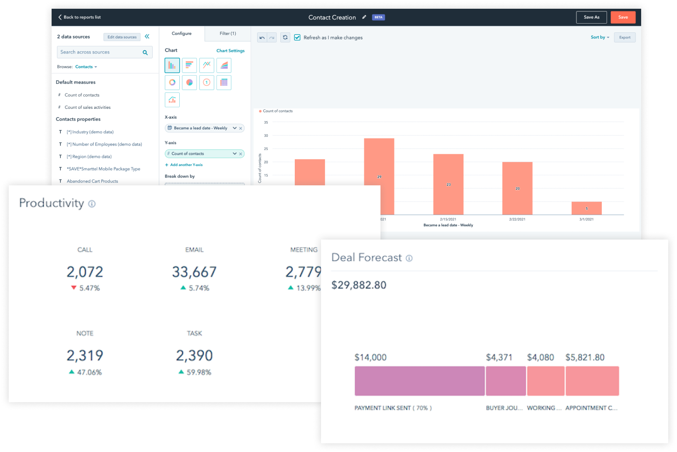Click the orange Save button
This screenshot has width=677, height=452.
(623, 17)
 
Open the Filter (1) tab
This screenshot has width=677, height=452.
(227, 34)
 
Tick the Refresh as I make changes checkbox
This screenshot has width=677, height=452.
(297, 38)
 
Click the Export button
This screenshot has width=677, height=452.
(625, 38)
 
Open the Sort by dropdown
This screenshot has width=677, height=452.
(600, 38)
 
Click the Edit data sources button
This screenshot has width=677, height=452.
(122, 37)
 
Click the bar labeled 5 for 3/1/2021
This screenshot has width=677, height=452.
(586, 208)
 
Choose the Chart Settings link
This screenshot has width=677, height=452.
(230, 51)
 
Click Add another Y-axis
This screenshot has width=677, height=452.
(184, 165)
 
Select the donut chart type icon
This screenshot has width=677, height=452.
(172, 82)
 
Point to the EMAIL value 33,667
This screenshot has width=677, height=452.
(194, 272)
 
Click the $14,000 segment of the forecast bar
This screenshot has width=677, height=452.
(419, 381)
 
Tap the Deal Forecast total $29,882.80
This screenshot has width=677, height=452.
(359, 285)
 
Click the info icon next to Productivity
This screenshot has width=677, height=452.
(92, 204)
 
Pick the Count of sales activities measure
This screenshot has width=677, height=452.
(87, 108)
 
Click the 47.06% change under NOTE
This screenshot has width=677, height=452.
(89, 372)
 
